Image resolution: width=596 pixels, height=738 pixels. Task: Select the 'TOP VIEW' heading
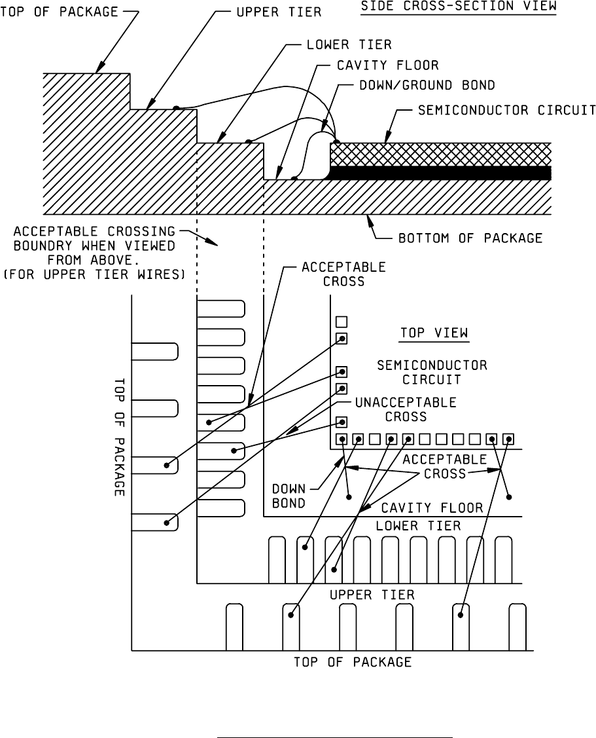click(434, 333)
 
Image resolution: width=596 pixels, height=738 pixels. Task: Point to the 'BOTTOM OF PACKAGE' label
click(470, 238)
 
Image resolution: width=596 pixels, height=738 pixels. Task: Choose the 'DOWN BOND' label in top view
click(289, 495)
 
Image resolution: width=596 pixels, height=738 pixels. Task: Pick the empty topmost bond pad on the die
click(341, 322)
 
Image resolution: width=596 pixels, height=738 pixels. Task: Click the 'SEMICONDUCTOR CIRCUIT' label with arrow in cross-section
click(507, 109)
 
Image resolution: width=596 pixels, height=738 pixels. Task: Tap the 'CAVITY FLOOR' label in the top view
click(432, 507)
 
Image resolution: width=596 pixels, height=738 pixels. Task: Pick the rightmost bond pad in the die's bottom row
click(508, 439)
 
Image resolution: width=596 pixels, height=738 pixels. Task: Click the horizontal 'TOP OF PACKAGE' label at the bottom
click(352, 662)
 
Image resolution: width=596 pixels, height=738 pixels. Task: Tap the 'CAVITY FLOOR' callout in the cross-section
click(387, 65)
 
